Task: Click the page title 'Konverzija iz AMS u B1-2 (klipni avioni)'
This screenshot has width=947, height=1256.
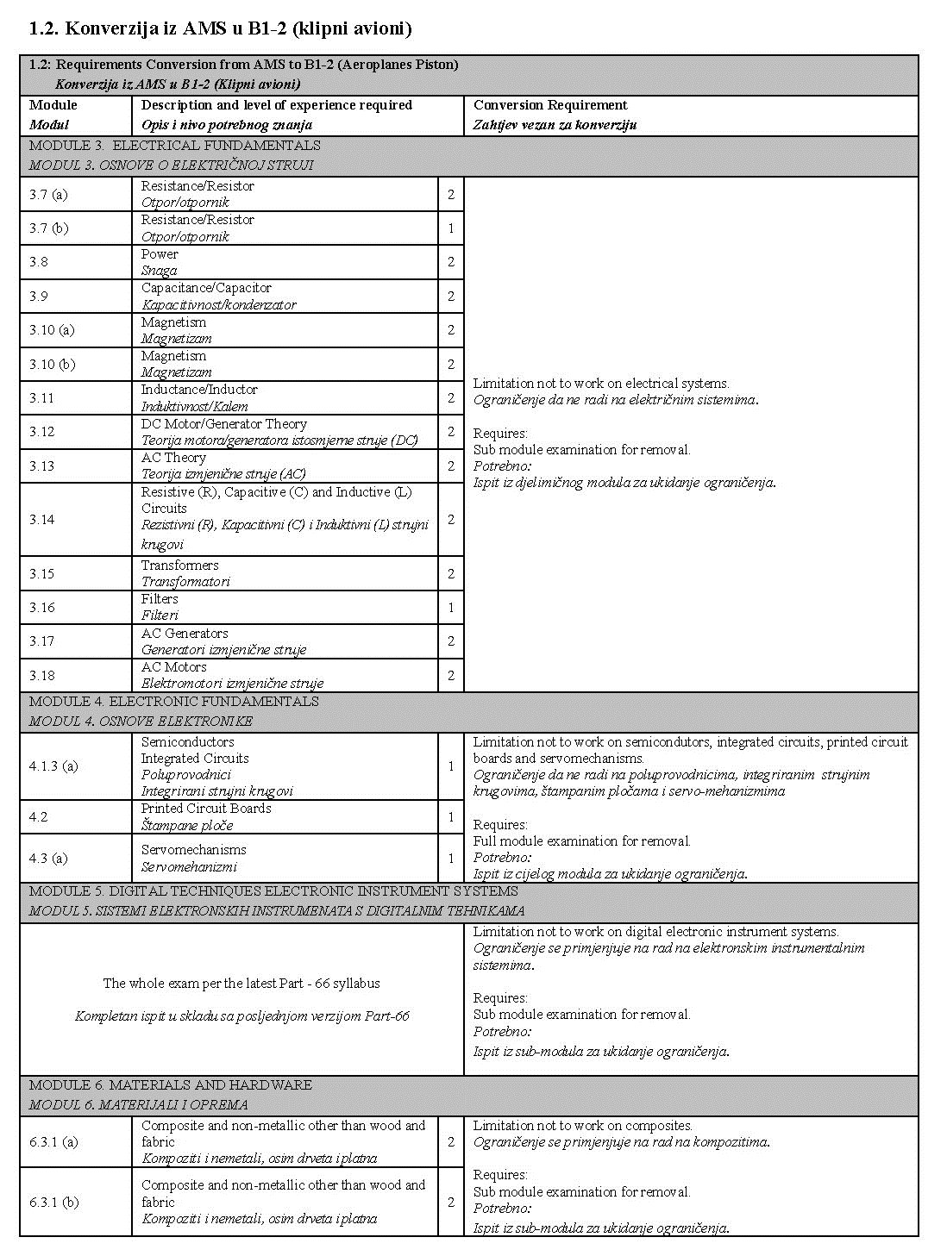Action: [x=221, y=29]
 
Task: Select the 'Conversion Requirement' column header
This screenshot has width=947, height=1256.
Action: [x=550, y=105]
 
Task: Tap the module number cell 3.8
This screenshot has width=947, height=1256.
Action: [x=39, y=262]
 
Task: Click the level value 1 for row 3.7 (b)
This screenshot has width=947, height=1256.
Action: [x=450, y=228]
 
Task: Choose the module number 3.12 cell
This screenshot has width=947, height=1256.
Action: [x=41, y=432]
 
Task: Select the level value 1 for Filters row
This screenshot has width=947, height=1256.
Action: [x=450, y=608]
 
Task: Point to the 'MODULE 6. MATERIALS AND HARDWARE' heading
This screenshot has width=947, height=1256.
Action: [x=171, y=1085]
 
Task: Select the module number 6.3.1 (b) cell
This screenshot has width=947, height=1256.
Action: [x=53, y=1202]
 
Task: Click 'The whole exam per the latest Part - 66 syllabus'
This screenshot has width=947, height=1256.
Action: [x=241, y=984]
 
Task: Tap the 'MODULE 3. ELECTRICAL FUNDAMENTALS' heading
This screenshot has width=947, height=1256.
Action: [x=175, y=146]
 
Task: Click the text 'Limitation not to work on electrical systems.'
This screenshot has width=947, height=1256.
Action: [x=601, y=384]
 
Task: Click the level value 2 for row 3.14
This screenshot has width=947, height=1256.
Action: [x=450, y=519]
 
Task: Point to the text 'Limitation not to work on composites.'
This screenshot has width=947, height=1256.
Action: [x=583, y=1126]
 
